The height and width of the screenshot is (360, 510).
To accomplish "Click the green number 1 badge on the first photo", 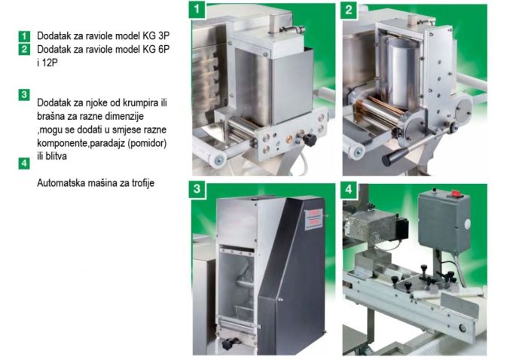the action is [197, 9].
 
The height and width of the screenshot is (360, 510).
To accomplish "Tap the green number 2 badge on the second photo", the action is [349, 10].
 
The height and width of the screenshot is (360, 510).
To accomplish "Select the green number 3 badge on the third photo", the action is [197, 189].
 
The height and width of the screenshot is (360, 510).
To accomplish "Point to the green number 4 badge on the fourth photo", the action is [349, 189].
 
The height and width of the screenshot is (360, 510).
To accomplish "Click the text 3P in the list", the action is [163, 35].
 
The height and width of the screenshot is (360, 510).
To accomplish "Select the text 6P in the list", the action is [163, 49].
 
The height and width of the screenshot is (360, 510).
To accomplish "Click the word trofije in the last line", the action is [143, 183].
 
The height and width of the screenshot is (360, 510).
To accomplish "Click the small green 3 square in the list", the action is [24, 95].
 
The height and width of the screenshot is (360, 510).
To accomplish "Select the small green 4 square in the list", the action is [24, 163].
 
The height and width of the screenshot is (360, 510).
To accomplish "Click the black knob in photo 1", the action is [310, 139].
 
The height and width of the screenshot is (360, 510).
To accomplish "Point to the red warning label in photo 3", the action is [313, 219].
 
